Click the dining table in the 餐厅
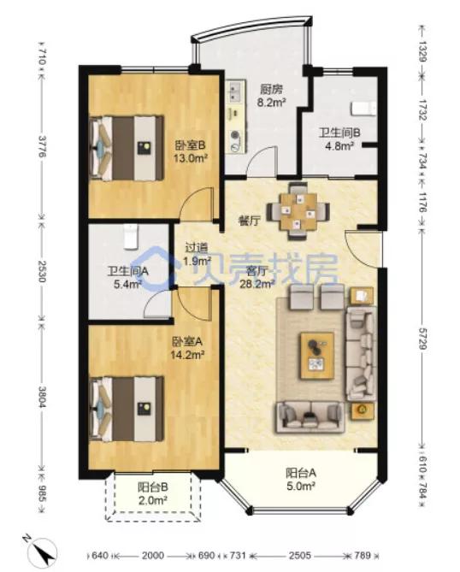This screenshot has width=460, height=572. tap(298, 211)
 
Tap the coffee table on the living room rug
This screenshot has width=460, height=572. tap(316, 355)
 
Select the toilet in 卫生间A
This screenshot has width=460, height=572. tap(130, 237)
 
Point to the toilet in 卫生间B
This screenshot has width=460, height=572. tap(363, 109)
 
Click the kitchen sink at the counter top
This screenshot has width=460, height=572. tap(234, 92)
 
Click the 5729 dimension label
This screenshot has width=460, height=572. tap(422, 337)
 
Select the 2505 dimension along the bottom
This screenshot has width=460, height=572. tap(300, 555)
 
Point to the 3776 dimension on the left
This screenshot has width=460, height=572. tap(42, 146)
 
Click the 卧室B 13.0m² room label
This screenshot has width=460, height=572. tap(191, 151)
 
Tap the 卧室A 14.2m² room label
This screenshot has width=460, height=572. tap(187, 348)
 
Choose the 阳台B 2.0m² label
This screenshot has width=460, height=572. tap(153, 493)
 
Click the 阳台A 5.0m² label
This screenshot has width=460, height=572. tap(301, 480)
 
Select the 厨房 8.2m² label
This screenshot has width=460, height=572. tap(271, 96)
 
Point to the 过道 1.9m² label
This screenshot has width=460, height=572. tap(197, 254)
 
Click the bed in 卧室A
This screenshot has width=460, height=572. tap(127, 409)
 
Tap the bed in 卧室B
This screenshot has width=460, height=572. tap(127, 148)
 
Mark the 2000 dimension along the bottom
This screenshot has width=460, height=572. tap(153, 555)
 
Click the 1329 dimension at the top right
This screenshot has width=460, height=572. tap(422, 51)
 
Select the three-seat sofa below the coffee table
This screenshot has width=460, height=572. tap(310, 416)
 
